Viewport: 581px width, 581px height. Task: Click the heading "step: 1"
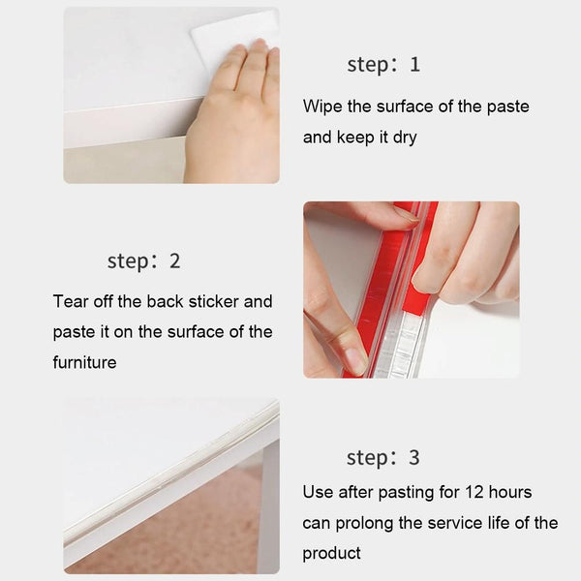click(383, 66)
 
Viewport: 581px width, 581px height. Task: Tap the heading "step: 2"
click(143, 261)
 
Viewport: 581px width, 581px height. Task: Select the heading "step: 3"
click(383, 458)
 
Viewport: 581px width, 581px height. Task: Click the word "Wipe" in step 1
click(321, 106)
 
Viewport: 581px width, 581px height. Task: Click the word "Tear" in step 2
click(71, 301)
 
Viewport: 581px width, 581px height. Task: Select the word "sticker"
click(229, 301)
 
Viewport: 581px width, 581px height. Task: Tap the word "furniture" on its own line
click(84, 362)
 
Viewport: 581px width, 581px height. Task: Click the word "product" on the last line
click(331, 553)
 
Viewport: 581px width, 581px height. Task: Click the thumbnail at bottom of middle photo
click(352, 359)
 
